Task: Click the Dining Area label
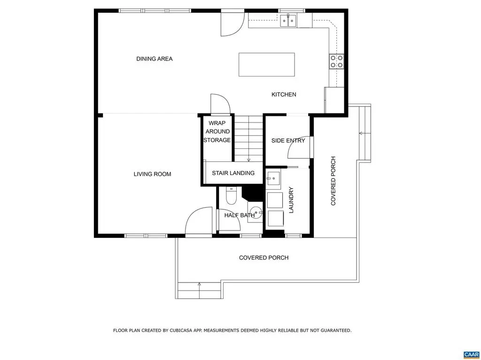(154, 59)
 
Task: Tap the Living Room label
(152, 174)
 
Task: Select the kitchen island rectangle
(267, 64)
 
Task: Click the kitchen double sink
(288, 21)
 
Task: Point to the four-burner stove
(336, 61)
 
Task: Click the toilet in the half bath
(231, 196)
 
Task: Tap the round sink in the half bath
(256, 212)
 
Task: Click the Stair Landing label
(233, 173)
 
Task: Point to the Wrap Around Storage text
(217, 131)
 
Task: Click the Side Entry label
(288, 141)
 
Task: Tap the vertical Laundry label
(291, 200)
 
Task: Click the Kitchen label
(284, 94)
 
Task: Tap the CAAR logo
(471, 355)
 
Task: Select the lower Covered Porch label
(264, 258)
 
